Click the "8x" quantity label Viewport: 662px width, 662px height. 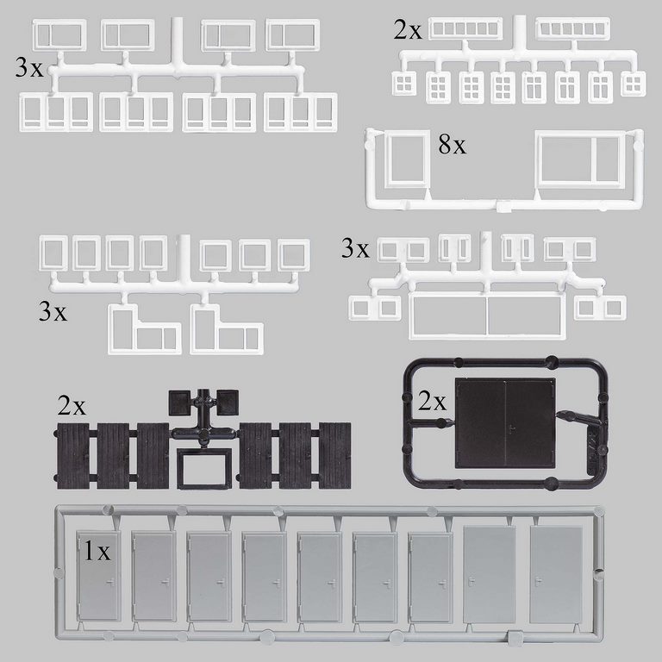click(x=453, y=145)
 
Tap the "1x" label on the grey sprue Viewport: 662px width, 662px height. click(x=97, y=551)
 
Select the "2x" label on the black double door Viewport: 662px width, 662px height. click(x=432, y=401)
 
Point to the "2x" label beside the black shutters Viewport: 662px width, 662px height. click(x=72, y=406)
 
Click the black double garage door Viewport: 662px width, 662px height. click(x=505, y=423)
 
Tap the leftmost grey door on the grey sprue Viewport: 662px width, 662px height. click(x=98, y=576)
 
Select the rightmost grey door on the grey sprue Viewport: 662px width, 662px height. click(x=557, y=574)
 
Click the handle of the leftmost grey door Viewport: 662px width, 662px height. click(x=110, y=583)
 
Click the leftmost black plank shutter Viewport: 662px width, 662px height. click(x=72, y=456)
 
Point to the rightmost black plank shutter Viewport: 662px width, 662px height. click(x=334, y=455)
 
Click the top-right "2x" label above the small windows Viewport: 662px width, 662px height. click(x=408, y=30)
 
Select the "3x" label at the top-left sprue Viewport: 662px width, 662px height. click(x=29, y=67)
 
